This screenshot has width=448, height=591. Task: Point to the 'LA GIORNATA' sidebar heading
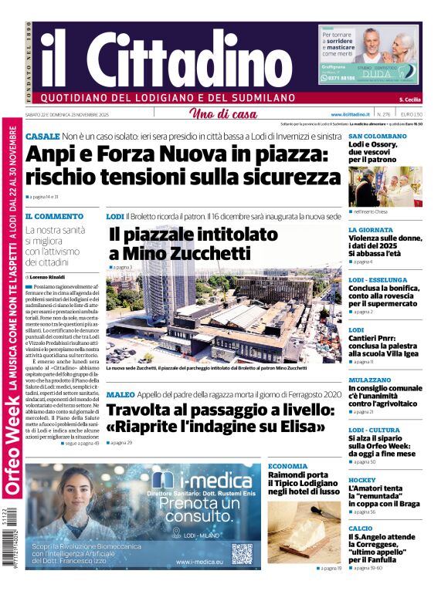tap(371, 230)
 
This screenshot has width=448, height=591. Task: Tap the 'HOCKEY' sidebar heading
tap(362, 480)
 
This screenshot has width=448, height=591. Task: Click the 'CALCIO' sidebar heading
tap(361, 529)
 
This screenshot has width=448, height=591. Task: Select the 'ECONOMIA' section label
tap(287, 466)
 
